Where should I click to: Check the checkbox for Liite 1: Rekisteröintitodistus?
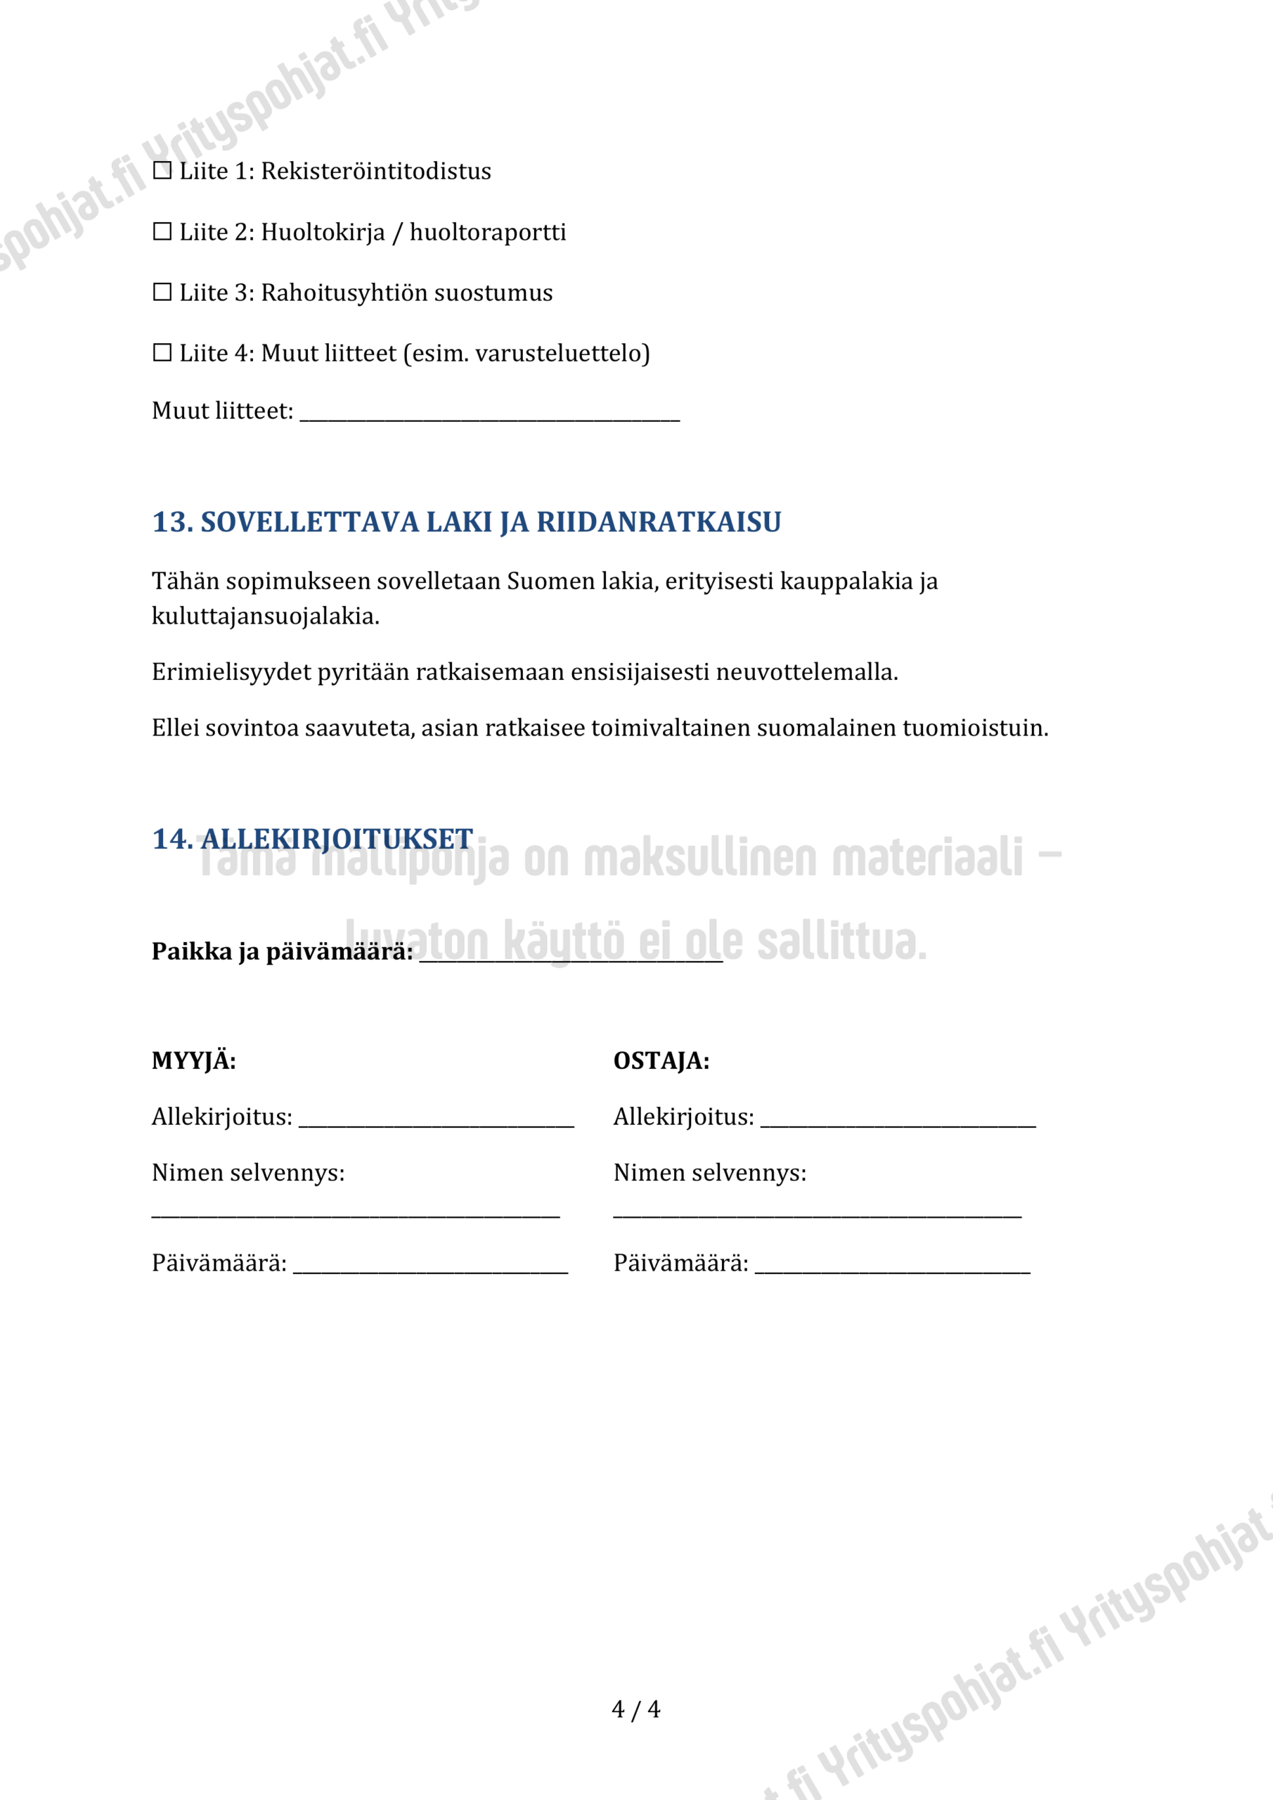point(162,171)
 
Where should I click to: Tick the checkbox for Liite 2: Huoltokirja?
point(162,232)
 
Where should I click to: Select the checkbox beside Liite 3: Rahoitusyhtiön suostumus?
point(162,292)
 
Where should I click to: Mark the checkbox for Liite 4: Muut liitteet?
point(162,353)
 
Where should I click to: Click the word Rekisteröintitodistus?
point(375,171)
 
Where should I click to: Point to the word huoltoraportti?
point(488,232)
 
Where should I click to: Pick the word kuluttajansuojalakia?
point(265,616)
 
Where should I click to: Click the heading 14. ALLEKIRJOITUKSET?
point(313,839)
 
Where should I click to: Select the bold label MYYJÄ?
point(193,1061)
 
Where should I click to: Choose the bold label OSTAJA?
point(661,1061)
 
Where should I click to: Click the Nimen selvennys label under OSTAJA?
point(709,1173)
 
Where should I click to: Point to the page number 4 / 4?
point(635,1709)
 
